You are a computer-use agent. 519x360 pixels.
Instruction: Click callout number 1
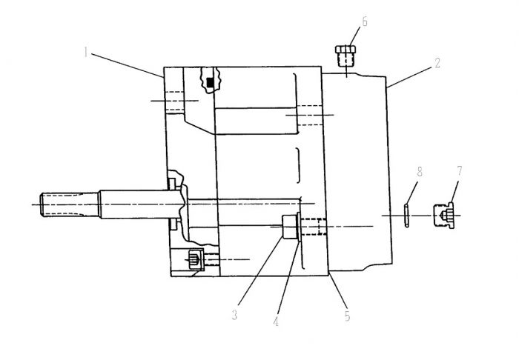coord(86,53)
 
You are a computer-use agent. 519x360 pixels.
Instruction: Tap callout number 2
coord(437,63)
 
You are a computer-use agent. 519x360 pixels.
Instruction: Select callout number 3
coord(235,315)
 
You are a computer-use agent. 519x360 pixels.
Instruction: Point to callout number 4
coord(276,321)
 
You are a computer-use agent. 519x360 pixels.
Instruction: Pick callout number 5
coord(347,316)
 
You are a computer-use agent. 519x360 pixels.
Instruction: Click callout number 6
coord(365,21)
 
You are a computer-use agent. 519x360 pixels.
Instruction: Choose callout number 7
coord(460,170)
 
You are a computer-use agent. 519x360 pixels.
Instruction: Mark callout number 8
coord(420,172)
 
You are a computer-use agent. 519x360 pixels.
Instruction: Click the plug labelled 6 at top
coord(346,56)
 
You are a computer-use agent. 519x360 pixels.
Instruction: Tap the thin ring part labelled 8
coord(406,216)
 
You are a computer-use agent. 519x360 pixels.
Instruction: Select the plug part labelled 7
coord(444,216)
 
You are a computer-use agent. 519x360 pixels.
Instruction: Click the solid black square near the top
coord(209,82)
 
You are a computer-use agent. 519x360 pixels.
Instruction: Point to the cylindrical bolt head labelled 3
coord(289,227)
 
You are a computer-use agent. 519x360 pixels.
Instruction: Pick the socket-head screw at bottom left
coord(195,259)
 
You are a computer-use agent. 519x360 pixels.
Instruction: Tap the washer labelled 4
coord(299,227)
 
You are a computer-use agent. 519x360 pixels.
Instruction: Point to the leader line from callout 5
coord(337,291)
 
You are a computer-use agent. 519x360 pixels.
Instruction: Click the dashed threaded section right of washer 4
coord(314,227)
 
